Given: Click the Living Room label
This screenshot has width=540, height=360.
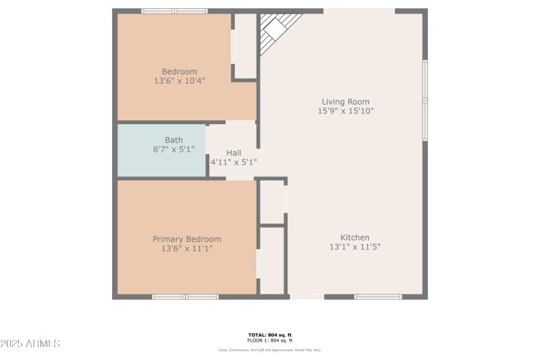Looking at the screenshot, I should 345,102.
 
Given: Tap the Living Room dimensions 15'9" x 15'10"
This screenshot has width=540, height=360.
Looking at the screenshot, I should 345,111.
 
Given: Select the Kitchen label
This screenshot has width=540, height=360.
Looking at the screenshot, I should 354,238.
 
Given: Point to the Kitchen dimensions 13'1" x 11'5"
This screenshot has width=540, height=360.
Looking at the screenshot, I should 354,247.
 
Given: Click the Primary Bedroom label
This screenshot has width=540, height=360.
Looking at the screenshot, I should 187,239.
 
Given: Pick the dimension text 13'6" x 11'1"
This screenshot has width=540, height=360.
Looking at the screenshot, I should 187,248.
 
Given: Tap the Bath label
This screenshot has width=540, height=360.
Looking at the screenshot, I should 173,140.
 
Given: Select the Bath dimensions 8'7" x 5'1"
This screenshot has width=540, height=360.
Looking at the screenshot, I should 173,149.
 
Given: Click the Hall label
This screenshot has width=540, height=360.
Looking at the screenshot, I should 234,153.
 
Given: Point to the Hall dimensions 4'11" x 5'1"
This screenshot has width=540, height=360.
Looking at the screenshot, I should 234,162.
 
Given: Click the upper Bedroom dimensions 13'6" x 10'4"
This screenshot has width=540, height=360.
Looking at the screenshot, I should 180,80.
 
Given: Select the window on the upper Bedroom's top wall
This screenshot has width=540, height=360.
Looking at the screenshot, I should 174,11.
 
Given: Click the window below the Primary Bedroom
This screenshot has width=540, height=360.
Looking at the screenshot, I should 185,297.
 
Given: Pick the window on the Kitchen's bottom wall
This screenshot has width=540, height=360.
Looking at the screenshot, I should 378,297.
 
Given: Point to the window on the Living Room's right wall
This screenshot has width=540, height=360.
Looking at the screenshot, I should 425,100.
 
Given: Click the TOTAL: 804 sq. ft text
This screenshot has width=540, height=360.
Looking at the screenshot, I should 270,335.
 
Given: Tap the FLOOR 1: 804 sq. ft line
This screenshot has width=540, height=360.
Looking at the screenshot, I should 270,340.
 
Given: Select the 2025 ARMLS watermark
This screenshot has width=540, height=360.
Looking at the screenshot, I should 30,344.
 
